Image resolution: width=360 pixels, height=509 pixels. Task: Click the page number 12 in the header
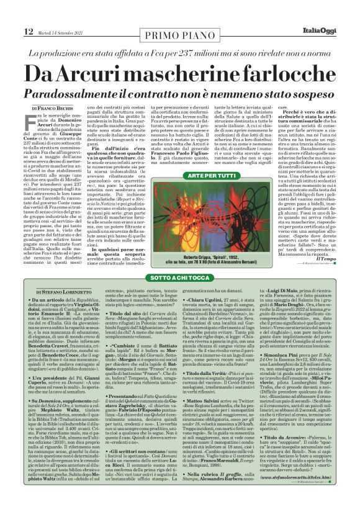point(29,31)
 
